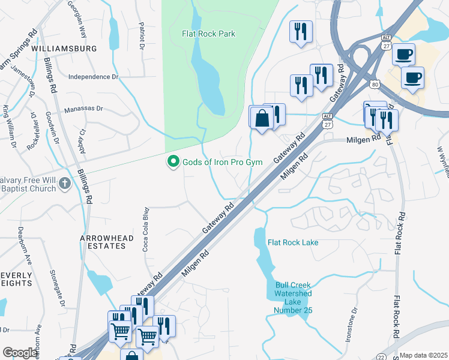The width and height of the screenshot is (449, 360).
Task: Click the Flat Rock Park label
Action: point(209,34)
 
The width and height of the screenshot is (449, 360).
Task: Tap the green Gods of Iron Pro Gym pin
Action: point(173,162)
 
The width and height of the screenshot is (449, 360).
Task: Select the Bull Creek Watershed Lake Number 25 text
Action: point(293,298)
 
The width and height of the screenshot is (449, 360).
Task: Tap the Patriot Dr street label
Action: point(142,35)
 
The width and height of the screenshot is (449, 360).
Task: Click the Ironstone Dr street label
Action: point(351,324)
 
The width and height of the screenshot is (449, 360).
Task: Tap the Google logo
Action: point(20,353)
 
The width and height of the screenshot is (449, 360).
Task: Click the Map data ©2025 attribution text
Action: point(423,355)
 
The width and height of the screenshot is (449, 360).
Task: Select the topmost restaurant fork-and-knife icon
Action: point(300,31)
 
